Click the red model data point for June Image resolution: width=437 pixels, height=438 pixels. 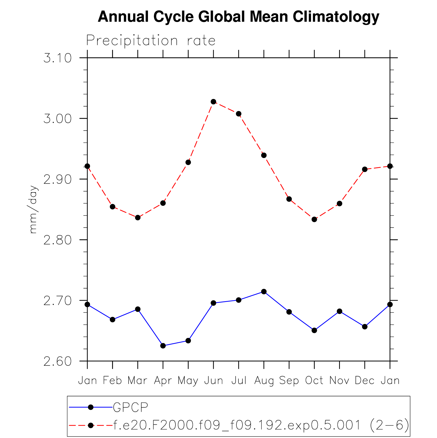tap(213, 102)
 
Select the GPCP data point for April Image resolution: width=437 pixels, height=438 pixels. tap(163, 346)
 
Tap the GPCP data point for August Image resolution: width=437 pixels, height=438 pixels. tap(264, 292)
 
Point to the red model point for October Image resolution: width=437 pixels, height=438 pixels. tap(314, 219)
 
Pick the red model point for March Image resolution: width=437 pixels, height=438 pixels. tap(138, 218)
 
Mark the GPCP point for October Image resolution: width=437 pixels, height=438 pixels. tap(314, 330)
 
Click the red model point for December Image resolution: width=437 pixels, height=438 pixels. tap(365, 169)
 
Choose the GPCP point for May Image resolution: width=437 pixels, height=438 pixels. tap(188, 341)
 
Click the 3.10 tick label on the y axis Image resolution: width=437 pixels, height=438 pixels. tap(57, 58)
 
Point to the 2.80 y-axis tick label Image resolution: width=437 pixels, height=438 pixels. tap(57, 240)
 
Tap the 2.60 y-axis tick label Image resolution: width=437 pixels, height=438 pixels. tap(57, 362)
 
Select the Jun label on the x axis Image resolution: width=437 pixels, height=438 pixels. tap(214, 381)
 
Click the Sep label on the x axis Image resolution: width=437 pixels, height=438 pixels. tap(289, 381)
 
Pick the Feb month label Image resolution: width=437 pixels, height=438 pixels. tap(112, 381)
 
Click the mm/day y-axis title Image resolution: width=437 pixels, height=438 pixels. tap(33, 210)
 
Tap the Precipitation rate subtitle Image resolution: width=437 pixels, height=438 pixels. tap(151, 41)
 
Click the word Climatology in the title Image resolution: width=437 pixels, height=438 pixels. tap(336, 17)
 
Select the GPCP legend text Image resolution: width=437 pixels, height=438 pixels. tap(131, 408)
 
